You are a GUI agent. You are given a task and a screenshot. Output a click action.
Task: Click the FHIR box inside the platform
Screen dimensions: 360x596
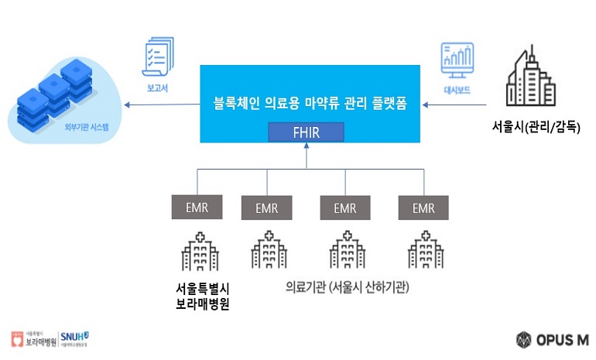coord(306,131)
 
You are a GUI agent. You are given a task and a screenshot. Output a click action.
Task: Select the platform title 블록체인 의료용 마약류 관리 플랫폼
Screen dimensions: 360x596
coord(310,102)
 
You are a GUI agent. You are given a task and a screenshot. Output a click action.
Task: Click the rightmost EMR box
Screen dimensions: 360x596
coord(423,207)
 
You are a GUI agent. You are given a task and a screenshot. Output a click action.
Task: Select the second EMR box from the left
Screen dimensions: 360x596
coord(267,207)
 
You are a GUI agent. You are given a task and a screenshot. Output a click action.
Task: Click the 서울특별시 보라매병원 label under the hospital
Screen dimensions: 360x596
coord(204,297)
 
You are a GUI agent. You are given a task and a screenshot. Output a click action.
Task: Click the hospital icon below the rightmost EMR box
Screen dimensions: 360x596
coord(423,250)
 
